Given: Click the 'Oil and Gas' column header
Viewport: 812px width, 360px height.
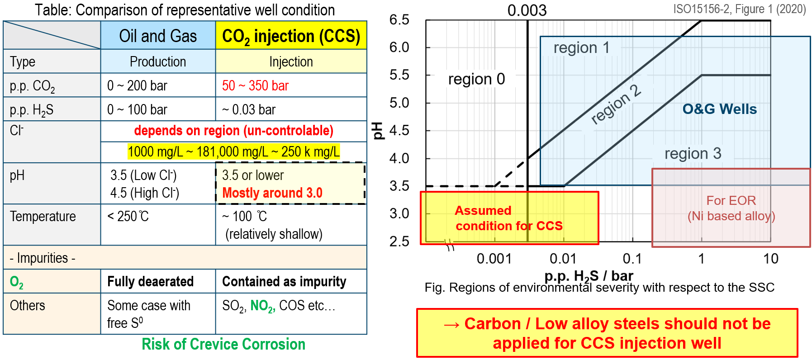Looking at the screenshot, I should [x=158, y=36].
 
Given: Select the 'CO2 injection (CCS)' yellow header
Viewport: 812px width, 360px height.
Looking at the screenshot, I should [x=291, y=36].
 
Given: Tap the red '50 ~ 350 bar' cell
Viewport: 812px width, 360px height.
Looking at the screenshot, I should [x=255, y=85].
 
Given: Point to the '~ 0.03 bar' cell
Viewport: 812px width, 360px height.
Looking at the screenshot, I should [x=249, y=109].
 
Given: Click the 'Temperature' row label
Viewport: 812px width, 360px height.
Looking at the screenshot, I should [x=43, y=217].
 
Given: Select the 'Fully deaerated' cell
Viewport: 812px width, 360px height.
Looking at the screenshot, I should [x=150, y=281].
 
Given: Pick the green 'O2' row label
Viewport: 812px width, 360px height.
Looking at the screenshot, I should [x=17, y=282].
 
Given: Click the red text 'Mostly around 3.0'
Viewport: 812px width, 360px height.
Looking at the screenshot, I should [x=272, y=193].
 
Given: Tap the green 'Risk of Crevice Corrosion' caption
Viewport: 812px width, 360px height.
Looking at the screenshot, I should [x=223, y=344].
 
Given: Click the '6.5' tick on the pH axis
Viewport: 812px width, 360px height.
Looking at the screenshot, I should [x=399, y=20].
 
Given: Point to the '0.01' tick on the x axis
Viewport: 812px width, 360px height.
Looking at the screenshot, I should [x=563, y=259].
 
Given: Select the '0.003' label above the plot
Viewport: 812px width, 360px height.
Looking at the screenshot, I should [x=527, y=10].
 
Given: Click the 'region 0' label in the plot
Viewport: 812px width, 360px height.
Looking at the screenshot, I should [x=476, y=79].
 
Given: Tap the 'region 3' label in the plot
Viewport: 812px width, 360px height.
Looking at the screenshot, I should [x=693, y=153].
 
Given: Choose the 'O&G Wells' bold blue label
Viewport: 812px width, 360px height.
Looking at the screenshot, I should [x=719, y=109].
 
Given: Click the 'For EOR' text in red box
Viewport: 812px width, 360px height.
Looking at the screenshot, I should [x=731, y=200].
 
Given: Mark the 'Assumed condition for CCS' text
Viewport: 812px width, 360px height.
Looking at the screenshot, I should [x=509, y=218].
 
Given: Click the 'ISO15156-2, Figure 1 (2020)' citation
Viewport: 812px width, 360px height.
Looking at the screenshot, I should [x=739, y=9].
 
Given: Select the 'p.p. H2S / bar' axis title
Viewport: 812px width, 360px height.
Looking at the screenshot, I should [x=589, y=275].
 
